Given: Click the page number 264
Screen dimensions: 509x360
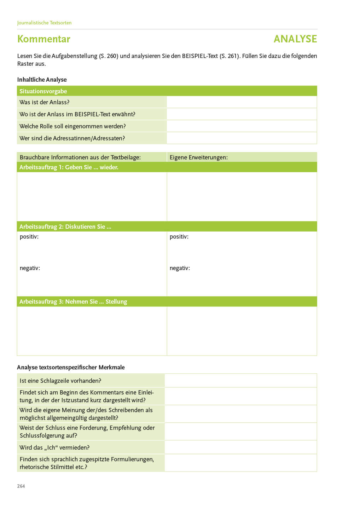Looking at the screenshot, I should pos(21,486).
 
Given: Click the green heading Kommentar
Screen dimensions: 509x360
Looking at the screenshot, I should pos(44,39).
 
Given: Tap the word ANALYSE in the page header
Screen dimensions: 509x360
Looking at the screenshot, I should pos(295,39).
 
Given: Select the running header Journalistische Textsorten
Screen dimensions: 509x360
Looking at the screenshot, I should pos(44,23).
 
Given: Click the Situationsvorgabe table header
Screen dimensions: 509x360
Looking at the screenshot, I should pos(43,91).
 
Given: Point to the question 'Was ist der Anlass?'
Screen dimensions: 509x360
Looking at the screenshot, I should pos(45,102).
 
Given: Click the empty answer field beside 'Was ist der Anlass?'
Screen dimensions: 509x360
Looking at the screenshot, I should pos(242,102).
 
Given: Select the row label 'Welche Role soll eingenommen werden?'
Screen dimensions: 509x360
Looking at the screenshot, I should pos(72,126).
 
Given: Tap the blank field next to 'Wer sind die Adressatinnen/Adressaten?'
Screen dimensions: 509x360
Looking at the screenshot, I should pos(242,138).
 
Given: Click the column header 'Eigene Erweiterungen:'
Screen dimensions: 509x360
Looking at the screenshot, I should pos(199,157).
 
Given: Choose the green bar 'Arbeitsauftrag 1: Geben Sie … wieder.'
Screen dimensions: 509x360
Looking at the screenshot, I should pos(69,167).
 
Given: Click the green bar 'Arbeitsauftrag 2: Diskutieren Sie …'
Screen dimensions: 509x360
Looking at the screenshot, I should pos(65,227).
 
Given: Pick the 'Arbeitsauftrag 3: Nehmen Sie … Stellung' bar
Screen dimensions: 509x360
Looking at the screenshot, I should pos(73,302).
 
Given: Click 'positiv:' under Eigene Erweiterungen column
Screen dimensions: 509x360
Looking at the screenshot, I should pos(179,236).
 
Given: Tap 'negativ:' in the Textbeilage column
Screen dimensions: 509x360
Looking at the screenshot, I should pos(30,268).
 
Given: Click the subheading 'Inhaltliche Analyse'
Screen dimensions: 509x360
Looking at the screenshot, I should pos(42,80).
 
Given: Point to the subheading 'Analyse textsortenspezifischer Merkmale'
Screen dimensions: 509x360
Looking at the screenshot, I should pos(71,367).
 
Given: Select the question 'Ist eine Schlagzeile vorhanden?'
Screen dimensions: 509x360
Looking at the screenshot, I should pos(60,381).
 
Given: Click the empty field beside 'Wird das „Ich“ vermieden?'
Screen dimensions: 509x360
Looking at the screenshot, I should pos(240,447).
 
